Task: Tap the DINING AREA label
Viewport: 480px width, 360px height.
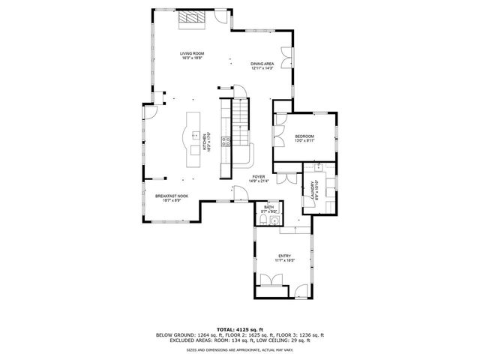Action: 261,66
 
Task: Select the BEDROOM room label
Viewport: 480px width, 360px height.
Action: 304,138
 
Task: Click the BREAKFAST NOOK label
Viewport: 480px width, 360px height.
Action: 172,198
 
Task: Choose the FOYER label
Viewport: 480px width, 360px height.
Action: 259,178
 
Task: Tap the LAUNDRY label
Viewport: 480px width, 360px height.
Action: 314,191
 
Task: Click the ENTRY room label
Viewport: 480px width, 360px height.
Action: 284,257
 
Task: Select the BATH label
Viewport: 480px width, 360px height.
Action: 268,211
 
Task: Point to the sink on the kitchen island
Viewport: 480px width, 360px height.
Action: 193,136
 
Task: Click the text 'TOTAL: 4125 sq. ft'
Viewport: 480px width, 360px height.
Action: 239,329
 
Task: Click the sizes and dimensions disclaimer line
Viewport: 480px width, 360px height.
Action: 239,349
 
